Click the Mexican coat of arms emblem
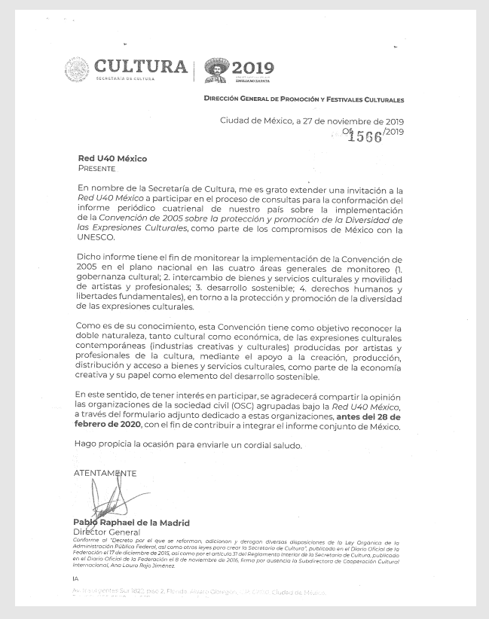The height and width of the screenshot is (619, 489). point(76,70)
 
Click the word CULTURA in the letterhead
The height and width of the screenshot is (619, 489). point(141,66)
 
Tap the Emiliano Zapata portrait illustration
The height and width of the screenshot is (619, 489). point(217,71)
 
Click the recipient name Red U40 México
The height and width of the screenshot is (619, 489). point(112,159)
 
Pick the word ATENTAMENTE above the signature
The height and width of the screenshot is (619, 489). point(105,473)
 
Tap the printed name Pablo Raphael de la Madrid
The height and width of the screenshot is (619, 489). point(131,523)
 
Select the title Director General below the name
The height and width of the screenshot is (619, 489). point(102,532)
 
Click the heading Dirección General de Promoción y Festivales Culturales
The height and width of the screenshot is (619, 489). point(304,99)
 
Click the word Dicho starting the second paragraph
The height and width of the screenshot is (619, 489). point(90,258)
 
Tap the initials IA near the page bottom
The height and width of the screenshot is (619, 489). point(75,579)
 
